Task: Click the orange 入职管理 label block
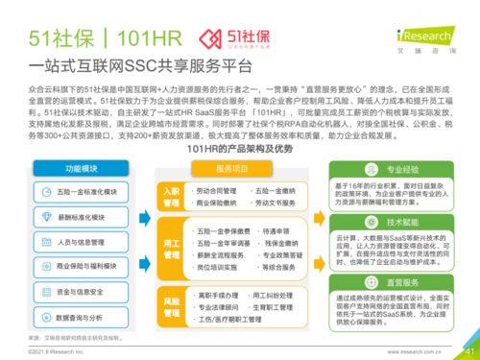171,198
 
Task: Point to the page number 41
468,349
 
